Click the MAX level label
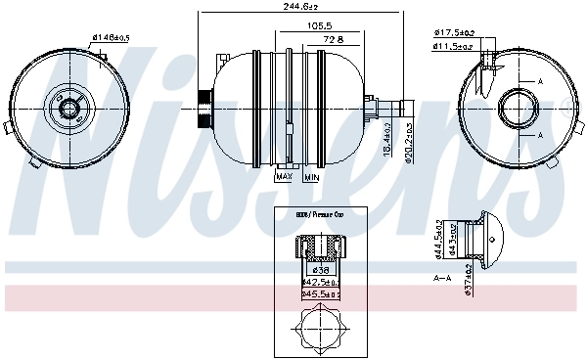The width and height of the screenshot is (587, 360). [x=285, y=177]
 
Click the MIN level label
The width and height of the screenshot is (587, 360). [x=311, y=177]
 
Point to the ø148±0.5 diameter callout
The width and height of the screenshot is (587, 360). [x=110, y=38]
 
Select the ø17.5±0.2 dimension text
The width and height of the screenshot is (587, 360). [x=454, y=32]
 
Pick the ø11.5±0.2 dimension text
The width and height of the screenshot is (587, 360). [x=454, y=45]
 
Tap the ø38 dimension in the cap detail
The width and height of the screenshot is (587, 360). [x=319, y=269]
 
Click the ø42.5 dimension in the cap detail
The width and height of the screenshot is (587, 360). [x=321, y=281]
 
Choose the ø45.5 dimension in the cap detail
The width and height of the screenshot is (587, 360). [x=321, y=292]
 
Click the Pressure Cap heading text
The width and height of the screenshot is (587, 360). [x=320, y=212]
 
